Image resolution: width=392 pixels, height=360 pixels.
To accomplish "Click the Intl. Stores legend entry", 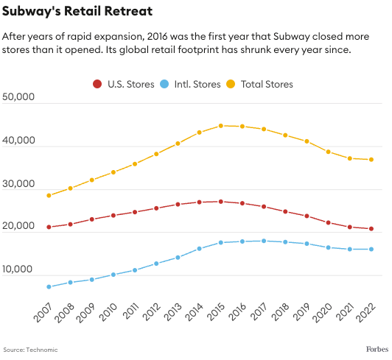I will [x=190, y=84].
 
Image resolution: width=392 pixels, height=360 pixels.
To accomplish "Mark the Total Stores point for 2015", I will [x=220, y=126].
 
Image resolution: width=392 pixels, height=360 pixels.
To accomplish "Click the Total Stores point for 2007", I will [x=49, y=195].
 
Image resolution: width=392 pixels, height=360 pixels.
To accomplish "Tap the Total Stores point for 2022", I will [x=371, y=160].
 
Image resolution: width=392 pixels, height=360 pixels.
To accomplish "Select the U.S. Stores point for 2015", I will [x=220, y=201].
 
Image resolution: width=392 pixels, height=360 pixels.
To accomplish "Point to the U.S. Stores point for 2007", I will [x=49, y=227].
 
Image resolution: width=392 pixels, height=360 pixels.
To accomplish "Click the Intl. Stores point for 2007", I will [x=49, y=286].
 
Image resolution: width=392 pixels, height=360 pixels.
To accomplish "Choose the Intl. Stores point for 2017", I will [x=263, y=241].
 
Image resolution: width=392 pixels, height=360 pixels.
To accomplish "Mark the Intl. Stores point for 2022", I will [x=371, y=249].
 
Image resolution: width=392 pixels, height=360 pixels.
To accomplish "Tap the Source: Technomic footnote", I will [x=30, y=349].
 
